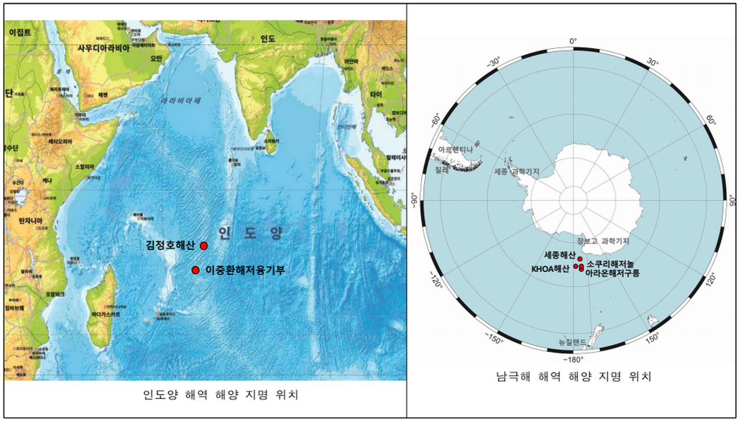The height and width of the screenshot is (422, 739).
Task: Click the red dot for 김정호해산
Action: (x=204, y=246)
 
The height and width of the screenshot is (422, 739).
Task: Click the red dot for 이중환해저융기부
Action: (x=196, y=270)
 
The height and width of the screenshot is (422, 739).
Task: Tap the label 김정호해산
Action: (x=170, y=245)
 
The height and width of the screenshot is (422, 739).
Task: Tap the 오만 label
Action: (x=156, y=58)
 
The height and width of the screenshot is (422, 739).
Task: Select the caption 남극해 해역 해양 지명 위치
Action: (x=573, y=378)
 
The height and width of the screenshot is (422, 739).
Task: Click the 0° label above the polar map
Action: (x=573, y=41)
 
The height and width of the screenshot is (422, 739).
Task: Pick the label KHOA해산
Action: (x=550, y=268)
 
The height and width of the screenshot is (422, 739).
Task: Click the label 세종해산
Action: (x=559, y=255)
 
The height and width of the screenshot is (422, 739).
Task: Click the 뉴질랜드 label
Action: (x=572, y=342)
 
